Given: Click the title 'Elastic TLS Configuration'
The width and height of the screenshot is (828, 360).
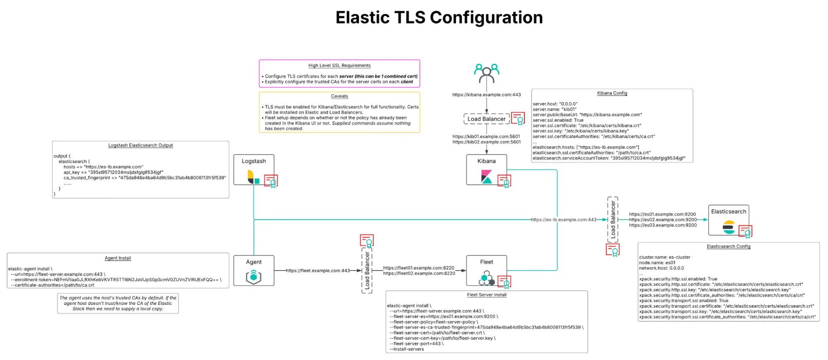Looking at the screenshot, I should [x=439, y=17].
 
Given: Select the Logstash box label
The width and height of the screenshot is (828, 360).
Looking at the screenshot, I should [x=253, y=161].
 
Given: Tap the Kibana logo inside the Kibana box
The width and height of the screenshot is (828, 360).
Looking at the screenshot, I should [x=486, y=176].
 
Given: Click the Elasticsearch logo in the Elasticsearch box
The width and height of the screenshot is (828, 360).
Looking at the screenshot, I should [x=729, y=227].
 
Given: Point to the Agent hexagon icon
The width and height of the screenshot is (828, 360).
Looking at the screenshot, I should [x=253, y=277].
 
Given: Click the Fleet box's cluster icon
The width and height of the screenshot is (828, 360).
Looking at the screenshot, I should [x=486, y=278].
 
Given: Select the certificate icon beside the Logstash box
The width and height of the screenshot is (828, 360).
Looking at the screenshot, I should [x=271, y=181].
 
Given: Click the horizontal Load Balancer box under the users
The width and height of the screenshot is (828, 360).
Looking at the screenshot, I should [x=486, y=119].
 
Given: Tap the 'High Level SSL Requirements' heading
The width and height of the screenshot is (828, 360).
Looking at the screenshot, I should [x=339, y=65].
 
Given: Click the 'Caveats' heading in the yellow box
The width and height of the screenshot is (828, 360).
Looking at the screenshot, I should [x=339, y=96].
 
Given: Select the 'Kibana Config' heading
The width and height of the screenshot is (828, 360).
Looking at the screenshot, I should [x=612, y=93].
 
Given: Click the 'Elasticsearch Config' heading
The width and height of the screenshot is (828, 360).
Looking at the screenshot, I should [x=728, y=246].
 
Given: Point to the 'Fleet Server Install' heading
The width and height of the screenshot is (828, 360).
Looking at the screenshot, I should [x=486, y=295].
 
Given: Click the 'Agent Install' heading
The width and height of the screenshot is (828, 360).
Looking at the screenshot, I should [x=118, y=258].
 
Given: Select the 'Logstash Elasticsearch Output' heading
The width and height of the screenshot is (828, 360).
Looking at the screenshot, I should [x=140, y=145].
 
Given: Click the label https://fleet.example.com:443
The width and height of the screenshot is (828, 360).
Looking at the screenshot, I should [x=318, y=271].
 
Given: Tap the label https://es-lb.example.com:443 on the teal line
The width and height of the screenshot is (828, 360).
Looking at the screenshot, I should [x=563, y=220].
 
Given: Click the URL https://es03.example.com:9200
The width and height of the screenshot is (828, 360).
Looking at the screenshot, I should [x=663, y=225].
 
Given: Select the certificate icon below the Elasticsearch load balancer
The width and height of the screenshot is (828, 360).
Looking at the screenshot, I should [x=613, y=250].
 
